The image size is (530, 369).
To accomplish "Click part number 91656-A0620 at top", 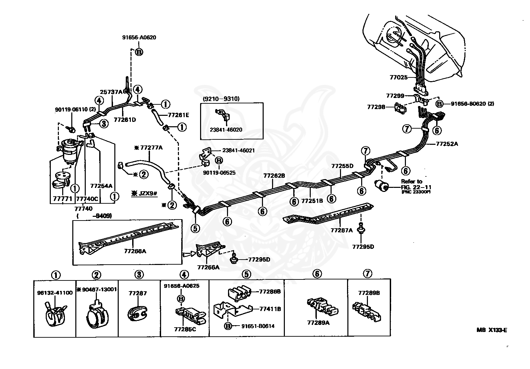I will click(139, 38).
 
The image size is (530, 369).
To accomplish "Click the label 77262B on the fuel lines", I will click(274, 175).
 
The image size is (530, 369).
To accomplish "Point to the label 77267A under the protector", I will click(341, 230).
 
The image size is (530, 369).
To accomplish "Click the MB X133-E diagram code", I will click(491, 330).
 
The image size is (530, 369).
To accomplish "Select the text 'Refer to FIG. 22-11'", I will click(416, 184).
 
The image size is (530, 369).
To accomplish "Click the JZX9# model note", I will click(144, 194).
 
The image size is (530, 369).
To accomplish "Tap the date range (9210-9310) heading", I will click(221, 99).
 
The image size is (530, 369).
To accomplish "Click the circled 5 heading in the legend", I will click(247, 274).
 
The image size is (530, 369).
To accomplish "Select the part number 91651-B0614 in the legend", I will click(258, 326).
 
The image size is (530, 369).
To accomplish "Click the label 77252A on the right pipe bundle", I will click(447, 144).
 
